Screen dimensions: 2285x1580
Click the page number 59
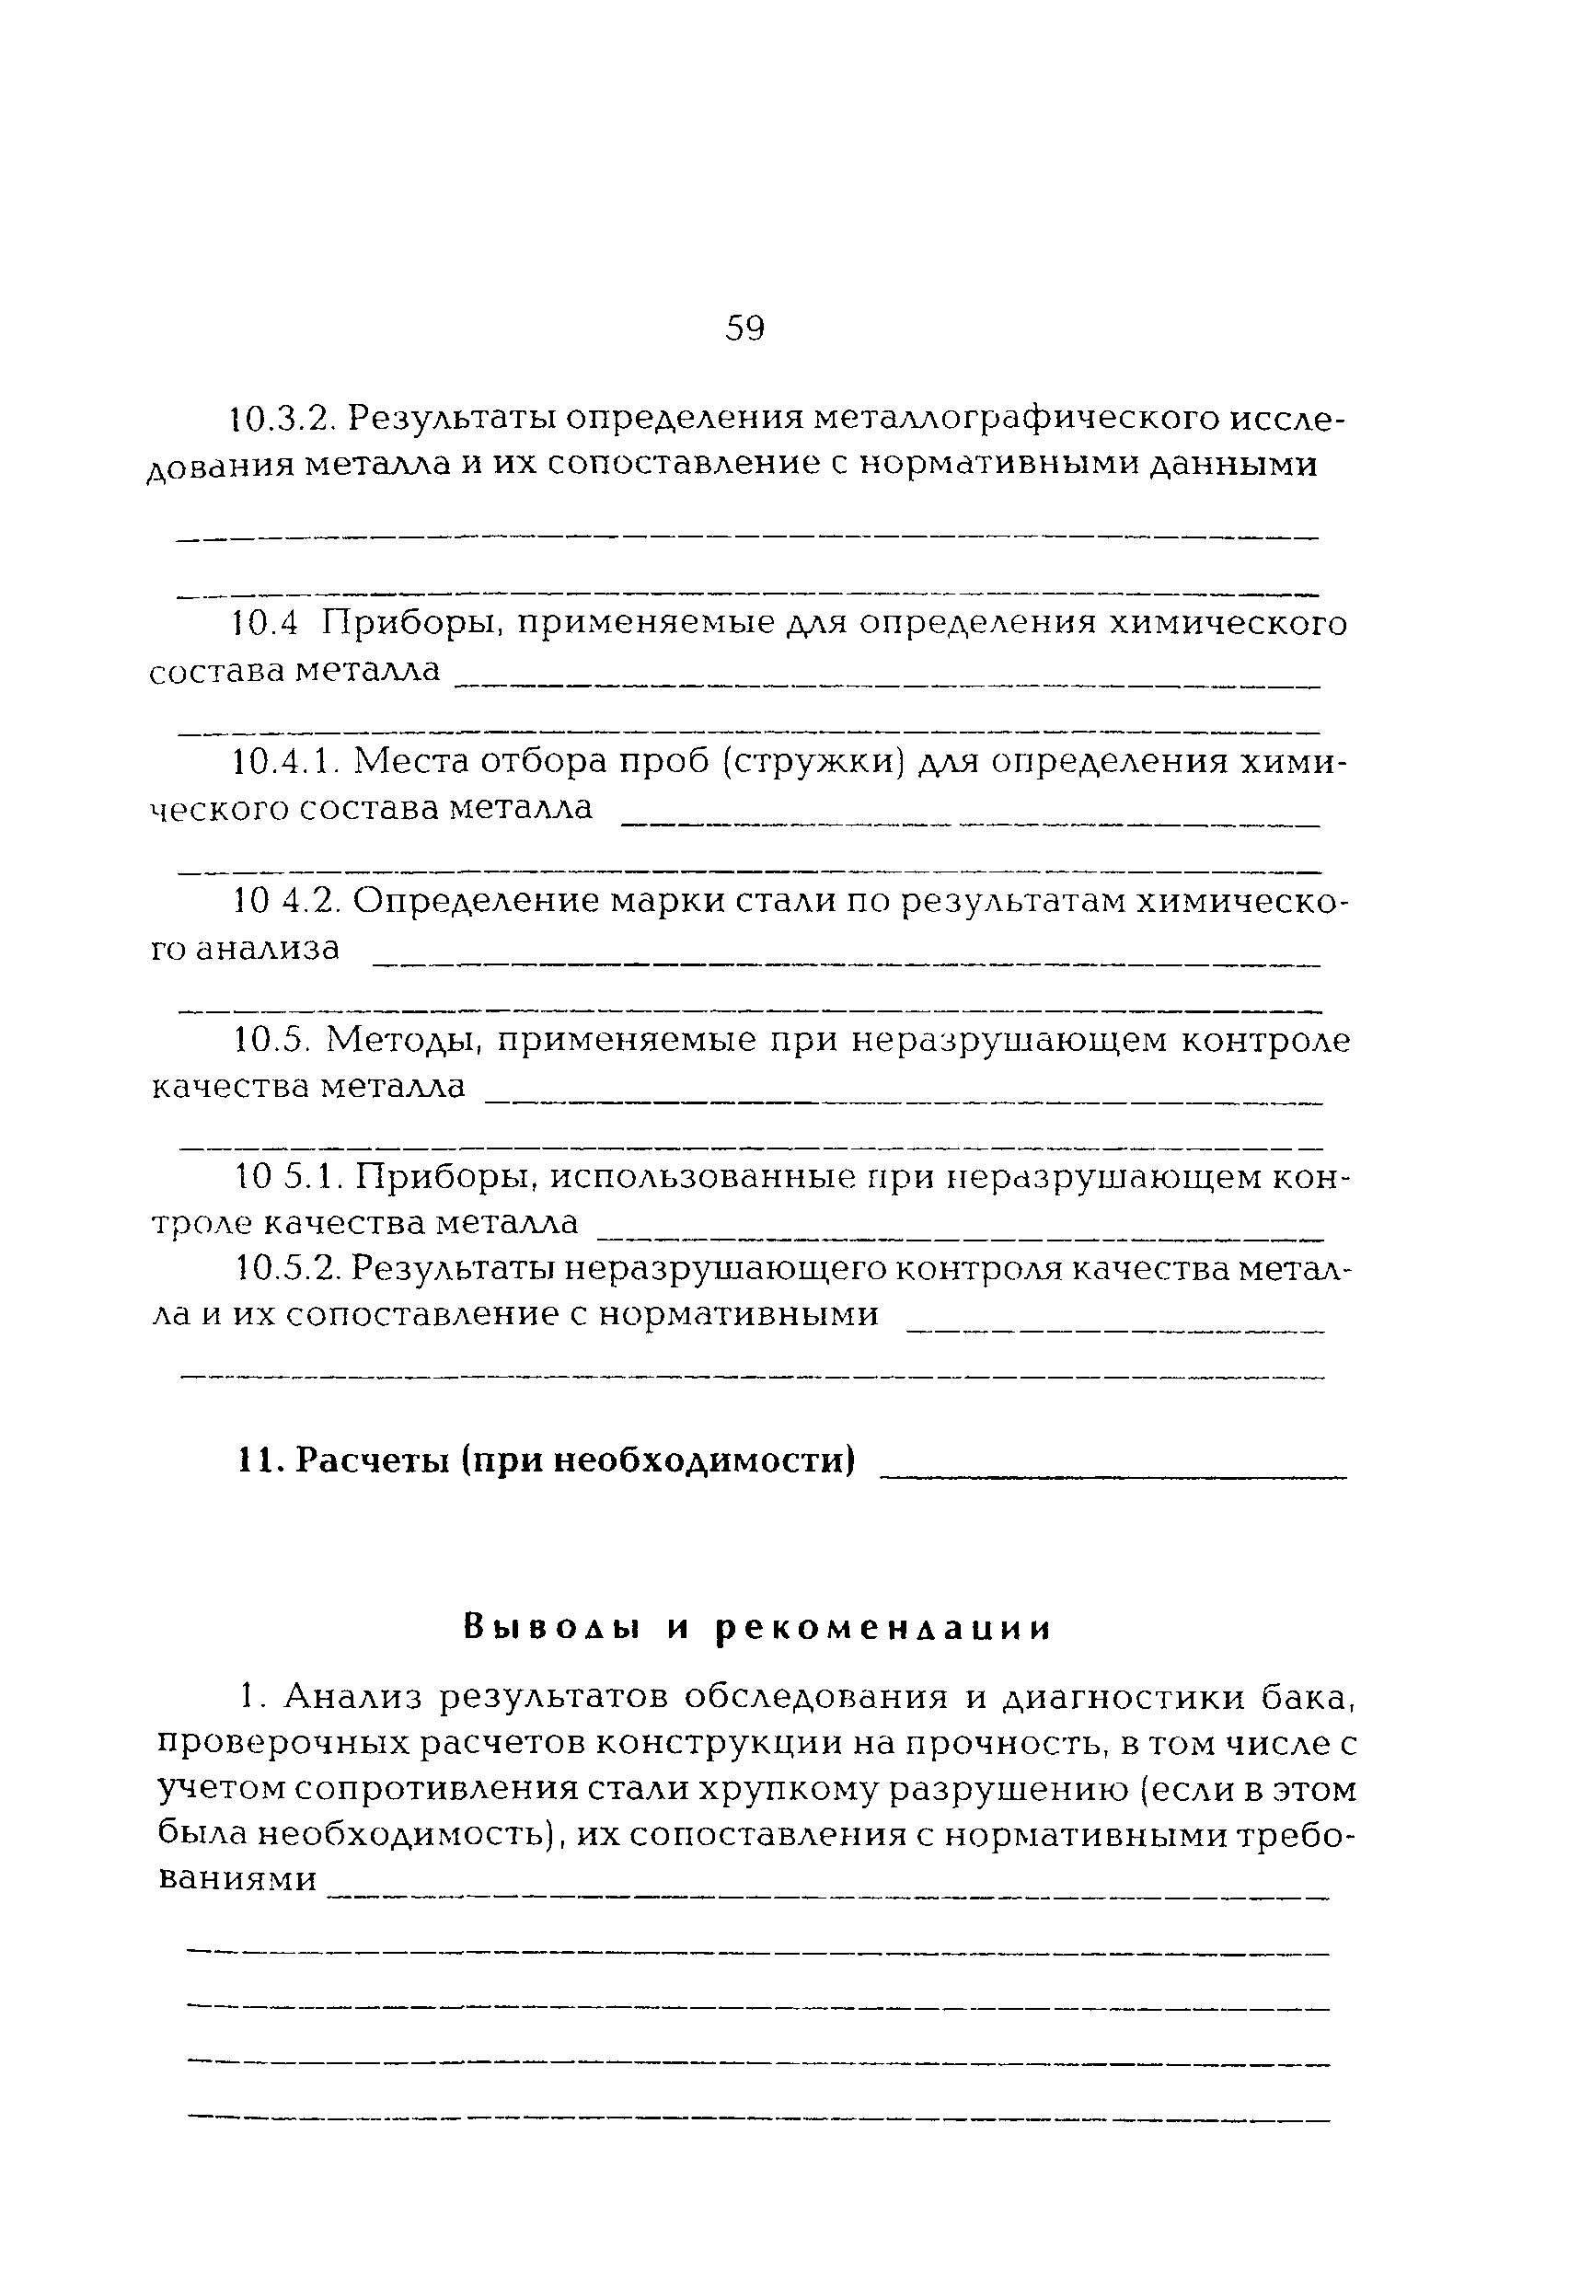tap(744, 328)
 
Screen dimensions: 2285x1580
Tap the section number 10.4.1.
tap(287, 762)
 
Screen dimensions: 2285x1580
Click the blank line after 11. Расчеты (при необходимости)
tap(1113, 1475)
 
